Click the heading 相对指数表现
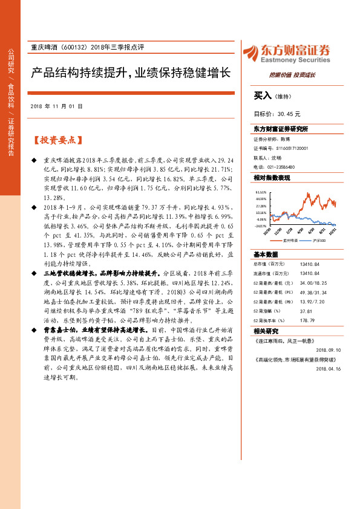point(272,178)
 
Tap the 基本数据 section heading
point(266,254)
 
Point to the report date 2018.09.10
point(329,349)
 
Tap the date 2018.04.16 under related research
point(329,367)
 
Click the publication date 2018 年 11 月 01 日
point(56,105)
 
